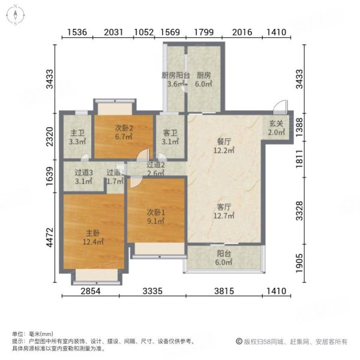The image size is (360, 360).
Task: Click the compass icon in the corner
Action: coord(13,13)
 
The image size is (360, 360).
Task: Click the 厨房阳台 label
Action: coord(176,76)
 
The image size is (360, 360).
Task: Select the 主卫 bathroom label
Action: coord(77,133)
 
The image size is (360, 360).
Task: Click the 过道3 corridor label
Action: coord(83,173)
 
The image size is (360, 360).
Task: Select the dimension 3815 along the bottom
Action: coord(224,292)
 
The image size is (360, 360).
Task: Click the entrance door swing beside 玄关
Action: coord(277,107)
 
